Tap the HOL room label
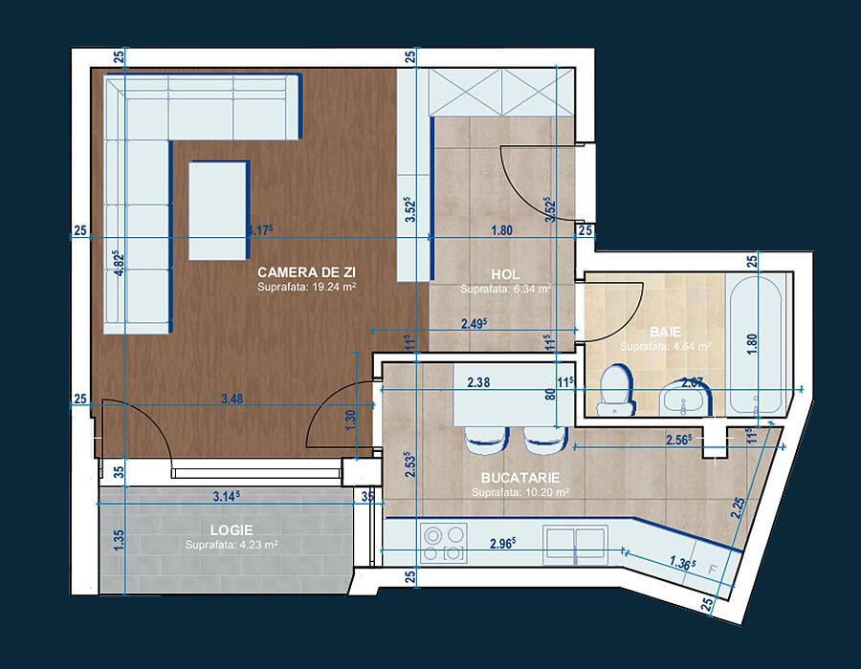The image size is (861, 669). (x=505, y=272)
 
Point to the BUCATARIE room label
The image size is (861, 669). (x=520, y=477)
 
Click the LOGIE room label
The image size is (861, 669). (x=232, y=529)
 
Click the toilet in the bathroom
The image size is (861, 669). (x=612, y=391)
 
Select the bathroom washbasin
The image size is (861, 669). (x=686, y=399)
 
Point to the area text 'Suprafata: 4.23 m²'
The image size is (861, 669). (x=232, y=545)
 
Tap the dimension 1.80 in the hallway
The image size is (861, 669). (x=501, y=229)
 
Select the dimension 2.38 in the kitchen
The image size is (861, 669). (x=480, y=383)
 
